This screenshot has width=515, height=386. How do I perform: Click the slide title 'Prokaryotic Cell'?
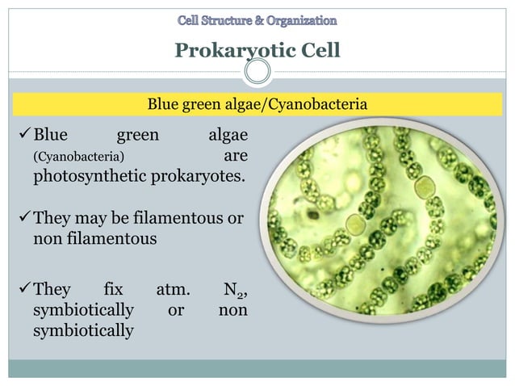point(257,51)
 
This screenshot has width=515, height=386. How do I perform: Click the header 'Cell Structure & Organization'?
point(257,19)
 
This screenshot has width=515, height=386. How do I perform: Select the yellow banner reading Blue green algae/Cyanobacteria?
point(257,104)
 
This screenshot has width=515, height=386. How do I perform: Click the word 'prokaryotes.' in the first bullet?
point(198,174)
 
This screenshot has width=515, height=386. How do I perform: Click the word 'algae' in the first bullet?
point(227,135)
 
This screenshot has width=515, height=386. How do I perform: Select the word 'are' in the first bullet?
point(235,155)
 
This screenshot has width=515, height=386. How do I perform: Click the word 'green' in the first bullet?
point(139,135)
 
